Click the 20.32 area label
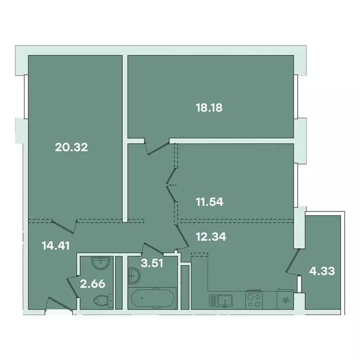point(72,148)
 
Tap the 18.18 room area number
point(209,107)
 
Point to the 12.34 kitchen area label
point(210,237)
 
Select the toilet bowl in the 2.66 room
point(102,299)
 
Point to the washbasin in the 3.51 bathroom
point(134,274)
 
